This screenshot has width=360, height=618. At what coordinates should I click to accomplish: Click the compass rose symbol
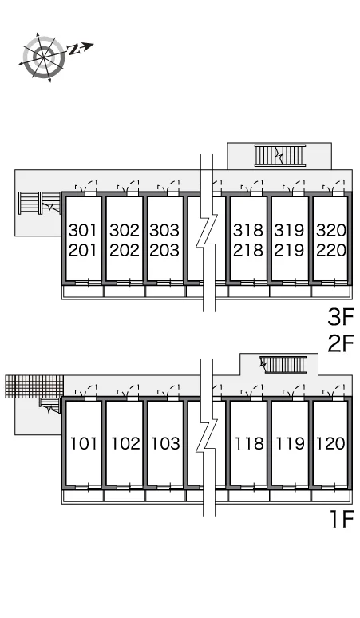[x=44, y=57]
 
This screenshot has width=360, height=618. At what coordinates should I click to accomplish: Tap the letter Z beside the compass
[x=73, y=50]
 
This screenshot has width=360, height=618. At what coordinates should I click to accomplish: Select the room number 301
[x=83, y=230]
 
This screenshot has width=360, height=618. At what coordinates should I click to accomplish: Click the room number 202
[x=125, y=250]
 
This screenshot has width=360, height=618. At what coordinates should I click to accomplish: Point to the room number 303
[x=164, y=230]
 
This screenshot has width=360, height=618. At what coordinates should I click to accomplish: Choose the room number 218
[x=248, y=250]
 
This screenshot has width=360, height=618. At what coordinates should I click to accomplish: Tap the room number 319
[x=290, y=230]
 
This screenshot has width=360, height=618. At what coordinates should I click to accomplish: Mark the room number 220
[x=331, y=250]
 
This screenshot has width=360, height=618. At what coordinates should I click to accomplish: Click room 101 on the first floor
[x=84, y=443]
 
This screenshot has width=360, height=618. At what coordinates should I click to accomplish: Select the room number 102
[x=125, y=443]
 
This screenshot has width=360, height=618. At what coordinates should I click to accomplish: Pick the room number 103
[x=166, y=443]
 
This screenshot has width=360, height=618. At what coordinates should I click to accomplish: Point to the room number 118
[x=249, y=443]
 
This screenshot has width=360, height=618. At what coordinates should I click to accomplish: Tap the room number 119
[x=291, y=443]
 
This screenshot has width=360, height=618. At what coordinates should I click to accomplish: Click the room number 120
[x=331, y=443]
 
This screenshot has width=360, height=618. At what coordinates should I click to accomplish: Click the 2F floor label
[x=341, y=343]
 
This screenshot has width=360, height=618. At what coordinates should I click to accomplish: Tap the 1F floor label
[x=342, y=519]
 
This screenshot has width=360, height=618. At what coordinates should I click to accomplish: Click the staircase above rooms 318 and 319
[x=280, y=155]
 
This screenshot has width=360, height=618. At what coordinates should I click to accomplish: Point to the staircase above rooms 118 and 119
[x=283, y=365]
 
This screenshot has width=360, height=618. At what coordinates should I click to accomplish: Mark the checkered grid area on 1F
[x=34, y=386]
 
